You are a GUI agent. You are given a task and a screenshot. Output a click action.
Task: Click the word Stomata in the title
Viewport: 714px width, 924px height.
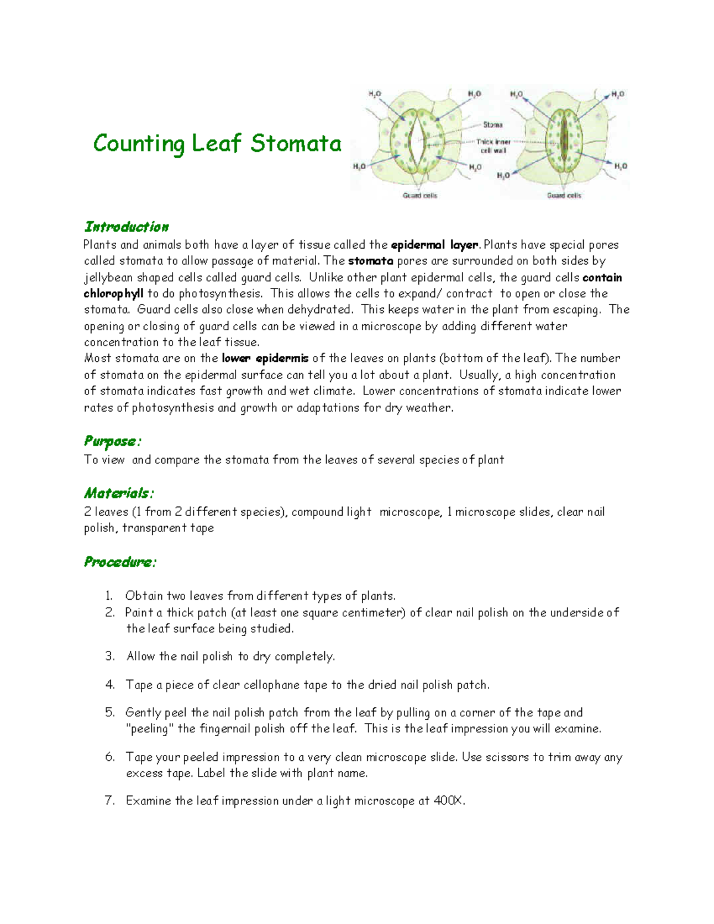pyautogui.click(x=296, y=143)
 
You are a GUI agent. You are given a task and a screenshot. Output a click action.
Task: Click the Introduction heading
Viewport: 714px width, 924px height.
pyautogui.click(x=126, y=227)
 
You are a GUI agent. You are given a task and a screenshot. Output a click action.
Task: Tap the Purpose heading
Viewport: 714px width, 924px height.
pyautogui.click(x=112, y=441)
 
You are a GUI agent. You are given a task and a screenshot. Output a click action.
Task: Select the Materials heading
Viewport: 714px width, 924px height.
pyautogui.click(x=118, y=493)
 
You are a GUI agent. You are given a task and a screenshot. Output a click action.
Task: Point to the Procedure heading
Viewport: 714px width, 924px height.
pyautogui.click(x=120, y=562)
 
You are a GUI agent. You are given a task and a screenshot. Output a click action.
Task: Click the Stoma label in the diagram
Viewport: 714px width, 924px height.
pyautogui.click(x=492, y=125)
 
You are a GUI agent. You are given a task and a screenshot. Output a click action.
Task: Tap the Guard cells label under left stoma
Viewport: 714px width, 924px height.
pyautogui.click(x=419, y=196)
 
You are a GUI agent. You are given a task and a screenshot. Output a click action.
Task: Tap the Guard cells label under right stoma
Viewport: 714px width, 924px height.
pyautogui.click(x=563, y=196)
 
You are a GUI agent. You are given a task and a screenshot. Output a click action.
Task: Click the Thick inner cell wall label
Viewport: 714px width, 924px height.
pyautogui.click(x=493, y=146)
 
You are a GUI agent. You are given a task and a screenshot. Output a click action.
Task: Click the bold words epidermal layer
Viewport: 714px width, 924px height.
pyautogui.click(x=434, y=245)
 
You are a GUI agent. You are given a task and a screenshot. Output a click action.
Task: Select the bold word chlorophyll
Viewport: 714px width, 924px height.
pyautogui.click(x=114, y=294)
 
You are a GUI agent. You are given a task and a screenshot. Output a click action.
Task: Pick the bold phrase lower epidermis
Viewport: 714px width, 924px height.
pyautogui.click(x=265, y=358)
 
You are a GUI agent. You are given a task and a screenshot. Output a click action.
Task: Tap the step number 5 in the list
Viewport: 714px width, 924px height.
pyautogui.click(x=109, y=712)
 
